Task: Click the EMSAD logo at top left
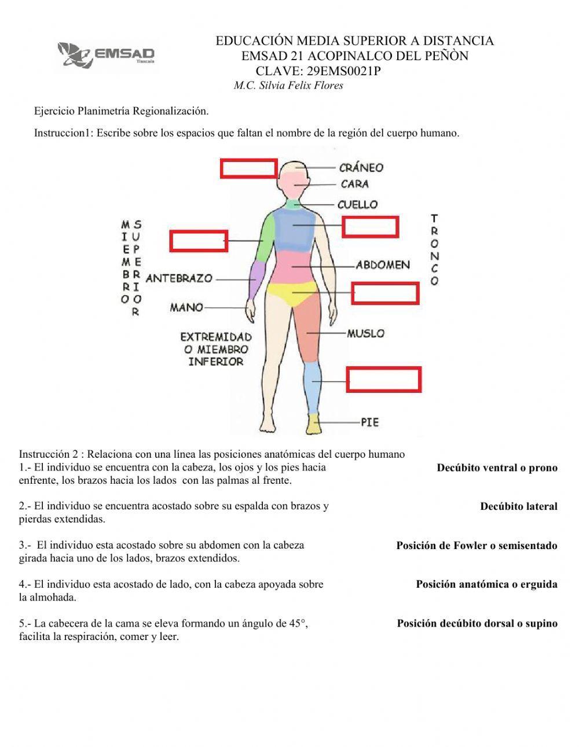tap(107, 54)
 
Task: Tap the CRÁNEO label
tap(361, 168)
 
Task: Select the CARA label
tap(354, 184)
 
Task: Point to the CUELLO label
tap(357, 204)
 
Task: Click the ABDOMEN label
tap(383, 265)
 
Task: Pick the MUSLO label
tap(365, 333)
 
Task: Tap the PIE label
tap(369, 422)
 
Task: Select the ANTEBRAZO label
tap(179, 278)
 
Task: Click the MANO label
tap(186, 307)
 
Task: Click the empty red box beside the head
tap(248, 168)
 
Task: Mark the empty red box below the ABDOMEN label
tap(385, 293)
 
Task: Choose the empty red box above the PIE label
tap(383, 379)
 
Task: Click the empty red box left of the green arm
tap(198, 241)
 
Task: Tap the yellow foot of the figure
tap(314, 424)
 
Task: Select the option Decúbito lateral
tap(518, 506)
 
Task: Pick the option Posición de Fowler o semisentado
tap(477, 546)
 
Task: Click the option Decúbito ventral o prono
tap(497, 468)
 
